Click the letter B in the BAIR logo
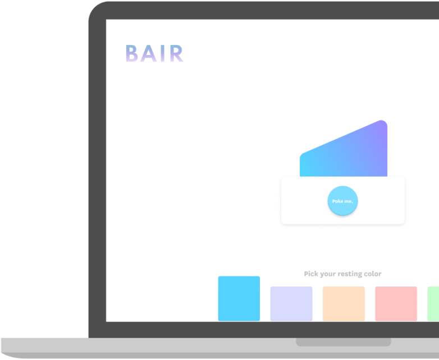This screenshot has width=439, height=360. [x=131, y=53]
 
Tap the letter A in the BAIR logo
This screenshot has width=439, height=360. [x=148, y=53]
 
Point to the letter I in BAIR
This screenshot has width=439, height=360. [x=163, y=53]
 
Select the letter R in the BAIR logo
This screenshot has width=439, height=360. [x=176, y=53]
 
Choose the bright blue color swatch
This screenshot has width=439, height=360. [x=239, y=298]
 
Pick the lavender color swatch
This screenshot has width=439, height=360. [x=291, y=303]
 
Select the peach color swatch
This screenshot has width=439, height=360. [x=344, y=303]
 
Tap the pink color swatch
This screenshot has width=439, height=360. [x=396, y=303]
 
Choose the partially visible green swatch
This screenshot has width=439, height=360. [x=433, y=303]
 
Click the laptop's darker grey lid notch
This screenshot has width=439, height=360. [x=344, y=342]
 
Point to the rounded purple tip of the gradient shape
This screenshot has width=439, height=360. [x=382, y=123]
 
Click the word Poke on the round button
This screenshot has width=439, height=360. [x=337, y=201]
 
